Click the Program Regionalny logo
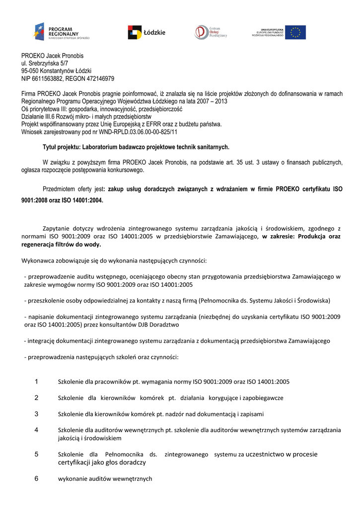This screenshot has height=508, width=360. tap(62, 32)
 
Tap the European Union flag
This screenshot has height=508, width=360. tap(295, 32)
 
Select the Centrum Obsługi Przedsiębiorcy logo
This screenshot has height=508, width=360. tap(211, 32)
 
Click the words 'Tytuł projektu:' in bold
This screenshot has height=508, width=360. tap(61, 147)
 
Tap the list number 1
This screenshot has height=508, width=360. tap(36, 381)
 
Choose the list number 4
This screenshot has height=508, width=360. tap(36, 430)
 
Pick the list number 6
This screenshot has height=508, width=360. tap(36, 479)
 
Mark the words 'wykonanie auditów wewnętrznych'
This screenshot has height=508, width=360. tap(105, 479)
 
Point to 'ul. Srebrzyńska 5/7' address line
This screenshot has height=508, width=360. tap(45, 63)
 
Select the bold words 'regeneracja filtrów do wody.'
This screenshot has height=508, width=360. tap(61, 245)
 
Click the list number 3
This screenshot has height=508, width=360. tap(36, 414)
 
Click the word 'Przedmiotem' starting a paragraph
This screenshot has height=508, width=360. tap(59, 189)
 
